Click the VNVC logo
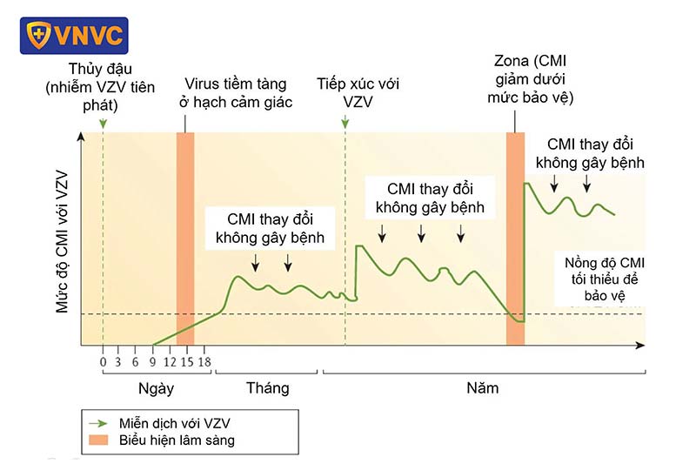(x=73, y=36)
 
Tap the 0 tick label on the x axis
(x=103, y=362)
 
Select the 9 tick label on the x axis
(x=153, y=362)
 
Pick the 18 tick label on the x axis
(x=204, y=362)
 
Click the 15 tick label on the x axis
(x=187, y=362)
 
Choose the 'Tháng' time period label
(x=267, y=388)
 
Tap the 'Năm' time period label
(x=481, y=388)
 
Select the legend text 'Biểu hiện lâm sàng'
(x=177, y=440)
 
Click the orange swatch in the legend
(x=97, y=440)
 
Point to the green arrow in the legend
(x=97, y=422)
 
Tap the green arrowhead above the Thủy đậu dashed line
(x=103, y=126)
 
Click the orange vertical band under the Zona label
(x=516, y=226)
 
